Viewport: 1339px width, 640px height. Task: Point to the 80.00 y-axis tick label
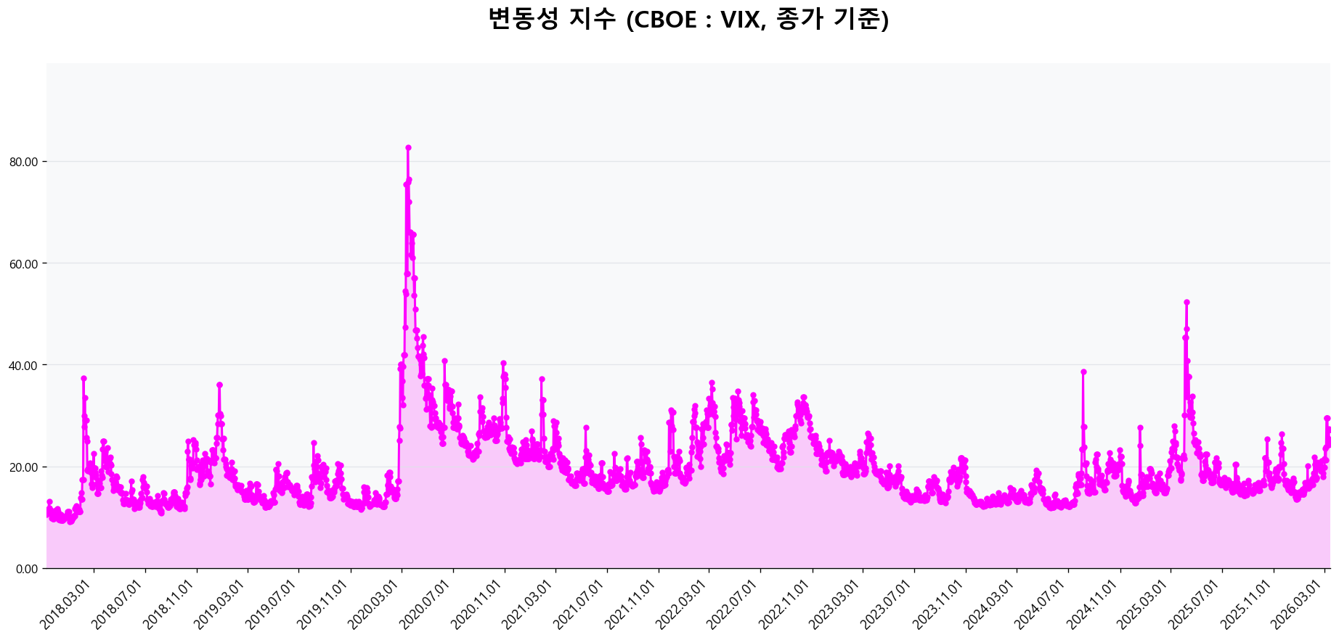coord(23,162)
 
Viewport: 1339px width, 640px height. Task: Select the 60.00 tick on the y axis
coord(23,263)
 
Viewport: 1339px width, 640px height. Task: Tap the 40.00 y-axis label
coord(23,365)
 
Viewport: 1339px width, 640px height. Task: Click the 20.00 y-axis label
coord(23,467)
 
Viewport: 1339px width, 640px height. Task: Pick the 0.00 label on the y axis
coord(26,568)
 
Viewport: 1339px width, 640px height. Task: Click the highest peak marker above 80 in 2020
coord(408,148)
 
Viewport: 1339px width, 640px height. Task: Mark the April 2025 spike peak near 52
coord(1187,302)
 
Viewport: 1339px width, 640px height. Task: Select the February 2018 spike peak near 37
coord(84,378)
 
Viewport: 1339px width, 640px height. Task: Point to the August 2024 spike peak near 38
coord(1083,372)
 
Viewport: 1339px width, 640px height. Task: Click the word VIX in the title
coord(739,20)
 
